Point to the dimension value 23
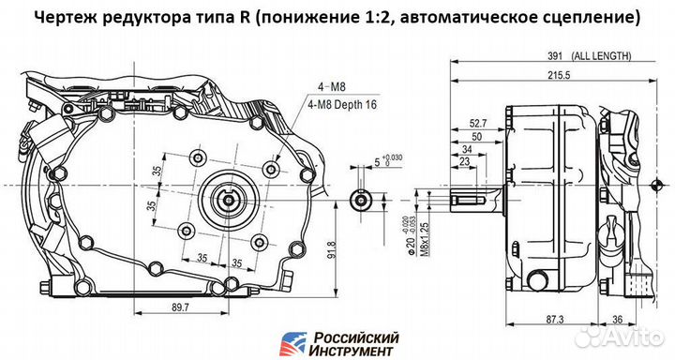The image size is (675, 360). click(x=466, y=163)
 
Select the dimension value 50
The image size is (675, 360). click(x=476, y=136)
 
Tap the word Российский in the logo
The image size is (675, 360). click(x=355, y=337)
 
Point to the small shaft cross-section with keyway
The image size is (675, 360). click(x=361, y=199)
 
